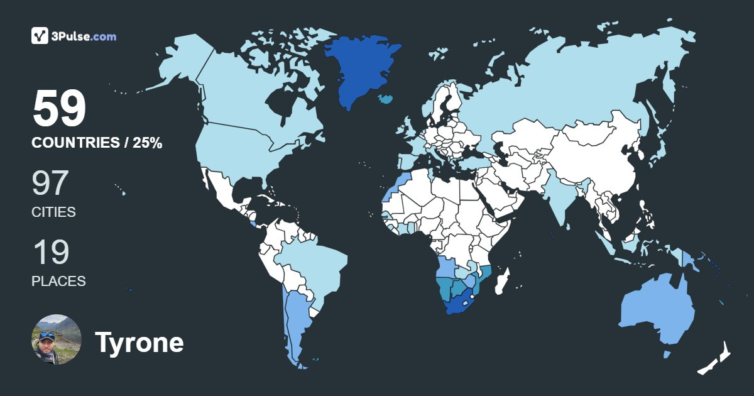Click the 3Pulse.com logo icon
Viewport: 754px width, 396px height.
click(x=40, y=36)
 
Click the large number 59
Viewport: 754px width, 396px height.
click(x=59, y=109)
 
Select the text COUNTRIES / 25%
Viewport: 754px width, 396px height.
click(x=97, y=143)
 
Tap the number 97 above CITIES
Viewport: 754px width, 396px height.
click(x=50, y=184)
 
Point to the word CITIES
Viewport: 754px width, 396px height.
click(x=53, y=212)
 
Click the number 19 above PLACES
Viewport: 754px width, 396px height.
click(x=50, y=252)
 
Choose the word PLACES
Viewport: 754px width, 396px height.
click(x=58, y=281)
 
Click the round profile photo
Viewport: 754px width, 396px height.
click(x=57, y=339)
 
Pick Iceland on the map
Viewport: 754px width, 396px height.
click(x=386, y=99)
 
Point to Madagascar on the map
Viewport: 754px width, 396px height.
click(x=503, y=281)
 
